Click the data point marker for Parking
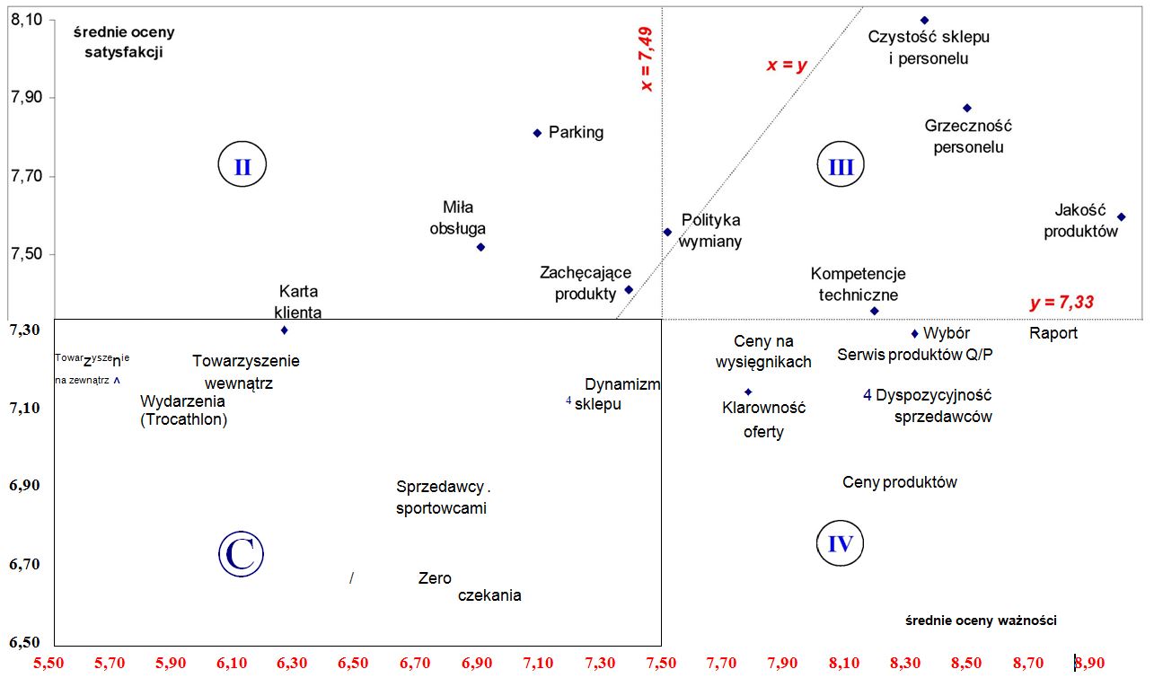537,133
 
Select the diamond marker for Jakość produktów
1121,216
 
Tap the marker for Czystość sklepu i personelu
924,20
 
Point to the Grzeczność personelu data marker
967,108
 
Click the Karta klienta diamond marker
285,330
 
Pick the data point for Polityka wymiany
667,232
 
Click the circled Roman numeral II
242,166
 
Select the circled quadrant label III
841,166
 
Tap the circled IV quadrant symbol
841,543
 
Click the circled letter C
241,554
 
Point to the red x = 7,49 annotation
646,58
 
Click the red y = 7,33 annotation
1062,303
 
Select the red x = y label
787,65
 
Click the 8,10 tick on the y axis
28,19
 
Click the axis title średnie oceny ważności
981,621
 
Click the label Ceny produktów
900,482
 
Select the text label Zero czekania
469,586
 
